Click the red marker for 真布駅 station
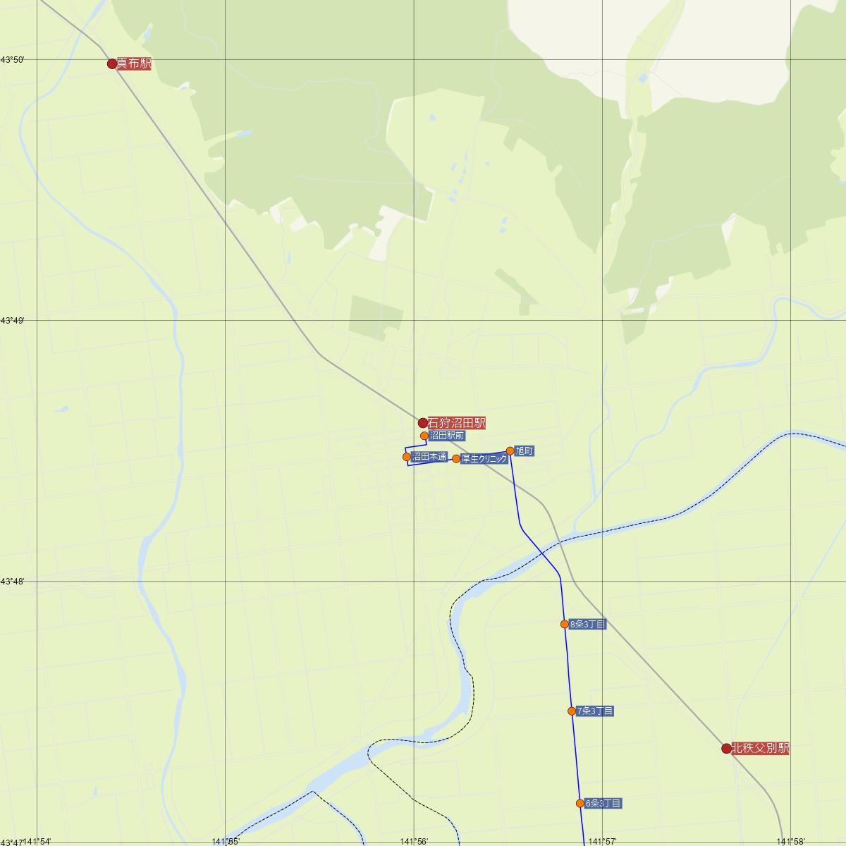point(112,63)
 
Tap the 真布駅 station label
point(134,63)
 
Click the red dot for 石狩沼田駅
point(423,423)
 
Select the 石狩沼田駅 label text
point(457,423)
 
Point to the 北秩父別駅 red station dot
point(726,748)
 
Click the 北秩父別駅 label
point(760,748)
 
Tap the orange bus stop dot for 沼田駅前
point(424,436)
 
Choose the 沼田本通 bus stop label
point(429,457)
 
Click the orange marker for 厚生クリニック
point(456,459)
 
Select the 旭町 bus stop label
point(524,450)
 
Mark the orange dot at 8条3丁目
point(565,624)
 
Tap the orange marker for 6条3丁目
point(580,803)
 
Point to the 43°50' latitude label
point(13,60)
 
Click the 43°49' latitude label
point(13,321)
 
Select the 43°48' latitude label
point(13,582)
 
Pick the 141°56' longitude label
point(414,841)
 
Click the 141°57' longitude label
point(603,841)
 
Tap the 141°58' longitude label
point(791,841)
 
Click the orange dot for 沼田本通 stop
point(407,457)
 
